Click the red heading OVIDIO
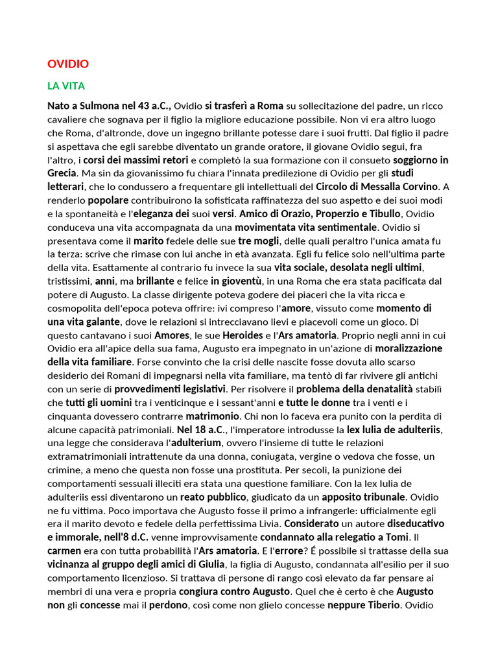point(68,64)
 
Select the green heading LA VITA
point(66,86)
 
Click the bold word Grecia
point(62,173)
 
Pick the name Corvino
point(417,187)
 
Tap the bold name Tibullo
point(384,213)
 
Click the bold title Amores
point(171,335)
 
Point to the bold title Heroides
point(243,335)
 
